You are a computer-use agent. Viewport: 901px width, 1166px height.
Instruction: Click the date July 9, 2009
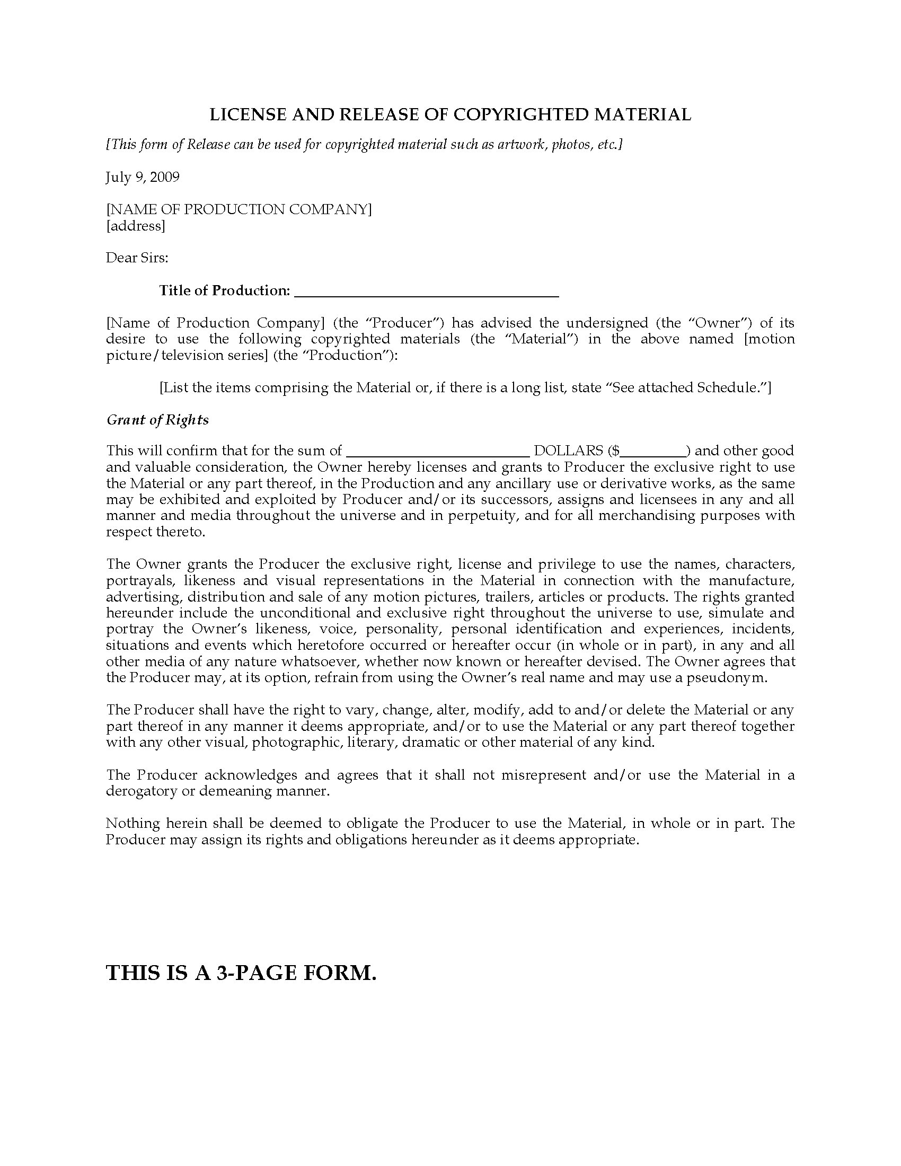point(143,176)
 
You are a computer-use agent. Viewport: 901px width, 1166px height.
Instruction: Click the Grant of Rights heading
point(157,420)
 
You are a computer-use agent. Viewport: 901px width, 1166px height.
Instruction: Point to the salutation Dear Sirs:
point(137,258)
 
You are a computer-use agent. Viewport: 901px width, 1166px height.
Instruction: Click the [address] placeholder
point(136,226)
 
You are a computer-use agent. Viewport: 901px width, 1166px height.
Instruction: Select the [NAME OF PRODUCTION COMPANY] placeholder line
point(239,209)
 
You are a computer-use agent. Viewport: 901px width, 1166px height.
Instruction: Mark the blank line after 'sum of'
point(438,452)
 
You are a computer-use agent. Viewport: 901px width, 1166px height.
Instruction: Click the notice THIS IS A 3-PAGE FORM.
point(241,972)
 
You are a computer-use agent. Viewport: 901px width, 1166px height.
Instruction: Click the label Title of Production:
point(224,290)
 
